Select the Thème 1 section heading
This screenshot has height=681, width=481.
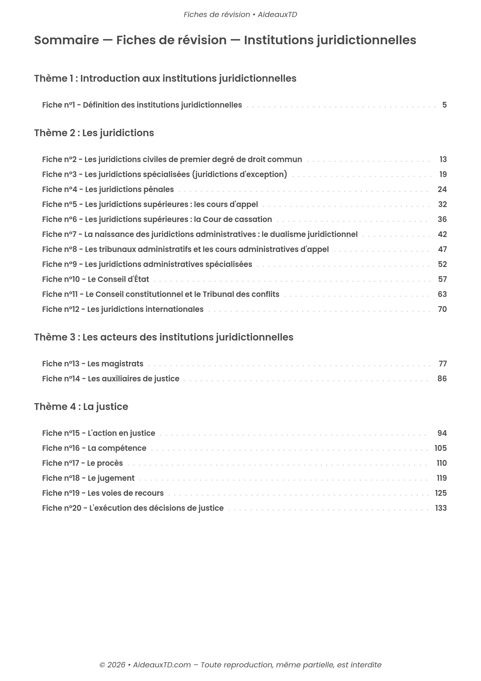[x=165, y=78]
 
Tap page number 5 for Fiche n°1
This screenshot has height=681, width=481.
[x=444, y=105]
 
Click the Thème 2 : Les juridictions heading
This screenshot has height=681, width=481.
[x=94, y=133]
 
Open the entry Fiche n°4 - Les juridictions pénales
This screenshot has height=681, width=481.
[x=108, y=189]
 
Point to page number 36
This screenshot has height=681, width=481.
[x=442, y=219]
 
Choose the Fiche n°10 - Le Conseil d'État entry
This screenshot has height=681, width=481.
[x=96, y=279]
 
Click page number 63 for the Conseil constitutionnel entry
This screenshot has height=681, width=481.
[x=442, y=294]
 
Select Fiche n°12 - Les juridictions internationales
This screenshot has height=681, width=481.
[x=123, y=309]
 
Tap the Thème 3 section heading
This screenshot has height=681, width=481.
[x=164, y=337]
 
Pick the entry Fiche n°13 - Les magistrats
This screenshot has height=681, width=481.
[x=93, y=364]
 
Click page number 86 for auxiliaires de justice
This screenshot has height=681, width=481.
[x=442, y=379]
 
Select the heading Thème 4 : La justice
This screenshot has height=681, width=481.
[x=81, y=407]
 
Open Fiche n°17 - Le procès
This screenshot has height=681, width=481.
[x=82, y=463]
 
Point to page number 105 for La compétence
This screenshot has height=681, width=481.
[x=441, y=448]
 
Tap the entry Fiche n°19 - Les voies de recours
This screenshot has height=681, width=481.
[x=103, y=493]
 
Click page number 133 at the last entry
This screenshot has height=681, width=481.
[x=441, y=508]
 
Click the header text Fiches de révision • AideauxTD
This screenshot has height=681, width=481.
[x=240, y=15]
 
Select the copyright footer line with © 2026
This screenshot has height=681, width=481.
[x=240, y=665]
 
